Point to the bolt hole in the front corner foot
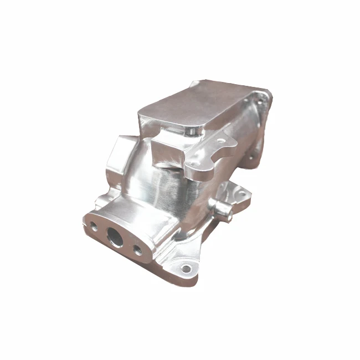[x=186, y=269]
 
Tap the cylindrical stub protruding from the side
[x=221, y=209]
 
